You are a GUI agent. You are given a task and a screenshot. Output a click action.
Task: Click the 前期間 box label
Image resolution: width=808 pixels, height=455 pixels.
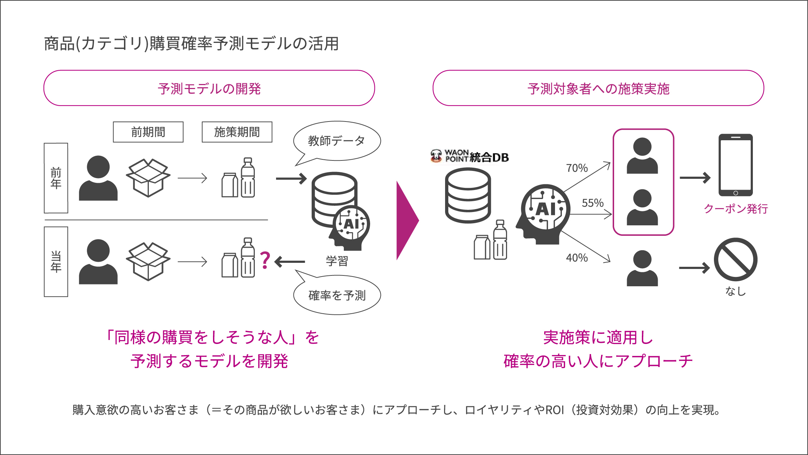click(148, 132)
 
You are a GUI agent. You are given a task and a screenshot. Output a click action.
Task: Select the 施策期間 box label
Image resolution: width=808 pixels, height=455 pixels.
click(237, 132)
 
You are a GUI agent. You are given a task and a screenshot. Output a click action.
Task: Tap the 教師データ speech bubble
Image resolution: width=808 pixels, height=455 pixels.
click(337, 141)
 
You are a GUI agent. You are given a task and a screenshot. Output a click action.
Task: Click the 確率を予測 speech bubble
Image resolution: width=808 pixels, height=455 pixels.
click(337, 295)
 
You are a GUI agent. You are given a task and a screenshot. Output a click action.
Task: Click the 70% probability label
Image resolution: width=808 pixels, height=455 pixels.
click(577, 168)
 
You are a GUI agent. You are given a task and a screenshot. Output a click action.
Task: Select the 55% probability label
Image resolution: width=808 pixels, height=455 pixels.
click(592, 203)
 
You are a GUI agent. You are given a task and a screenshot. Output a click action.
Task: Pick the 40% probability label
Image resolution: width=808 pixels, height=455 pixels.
click(577, 258)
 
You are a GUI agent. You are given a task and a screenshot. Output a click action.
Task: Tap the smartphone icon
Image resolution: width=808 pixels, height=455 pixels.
click(735, 165)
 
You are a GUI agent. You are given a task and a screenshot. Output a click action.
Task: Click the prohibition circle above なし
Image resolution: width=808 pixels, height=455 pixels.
click(735, 260)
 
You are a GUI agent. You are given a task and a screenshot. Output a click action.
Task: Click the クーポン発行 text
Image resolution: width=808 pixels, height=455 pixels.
click(735, 209)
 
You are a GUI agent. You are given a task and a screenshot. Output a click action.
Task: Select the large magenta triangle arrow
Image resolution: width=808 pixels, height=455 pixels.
click(407, 220)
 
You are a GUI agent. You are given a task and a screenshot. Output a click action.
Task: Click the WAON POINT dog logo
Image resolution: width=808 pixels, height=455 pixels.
click(436, 156)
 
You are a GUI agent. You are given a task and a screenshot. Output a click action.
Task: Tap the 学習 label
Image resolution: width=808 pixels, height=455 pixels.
click(337, 261)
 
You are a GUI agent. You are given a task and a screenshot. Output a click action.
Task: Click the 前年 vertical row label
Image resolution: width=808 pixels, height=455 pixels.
click(56, 178)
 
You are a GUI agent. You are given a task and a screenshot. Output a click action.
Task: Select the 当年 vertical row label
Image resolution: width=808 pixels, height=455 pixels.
click(56, 262)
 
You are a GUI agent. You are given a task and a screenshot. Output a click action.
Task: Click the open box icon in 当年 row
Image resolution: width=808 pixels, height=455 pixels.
click(148, 262)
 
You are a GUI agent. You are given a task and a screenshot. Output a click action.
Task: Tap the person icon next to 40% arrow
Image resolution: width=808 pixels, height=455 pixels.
click(642, 269)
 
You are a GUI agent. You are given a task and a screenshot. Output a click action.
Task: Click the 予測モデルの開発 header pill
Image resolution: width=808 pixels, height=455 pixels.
click(209, 88)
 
